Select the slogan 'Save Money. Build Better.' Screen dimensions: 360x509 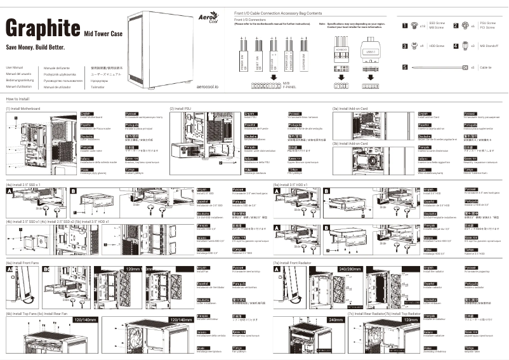click(x=35, y=48)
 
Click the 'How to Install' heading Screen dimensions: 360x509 click(x=17, y=100)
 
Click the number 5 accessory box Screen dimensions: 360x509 click(x=406, y=67)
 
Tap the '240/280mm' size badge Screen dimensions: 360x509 click(x=351, y=269)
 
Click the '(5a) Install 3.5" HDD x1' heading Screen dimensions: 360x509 click(x=291, y=185)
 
